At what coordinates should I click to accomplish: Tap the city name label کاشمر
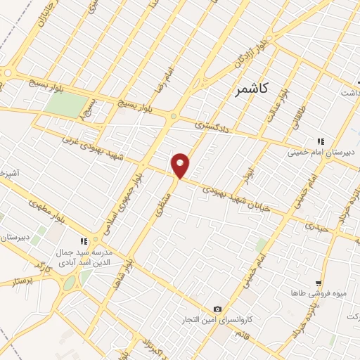256,91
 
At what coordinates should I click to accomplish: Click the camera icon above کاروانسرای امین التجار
217,309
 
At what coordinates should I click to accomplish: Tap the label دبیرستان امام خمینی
323,152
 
